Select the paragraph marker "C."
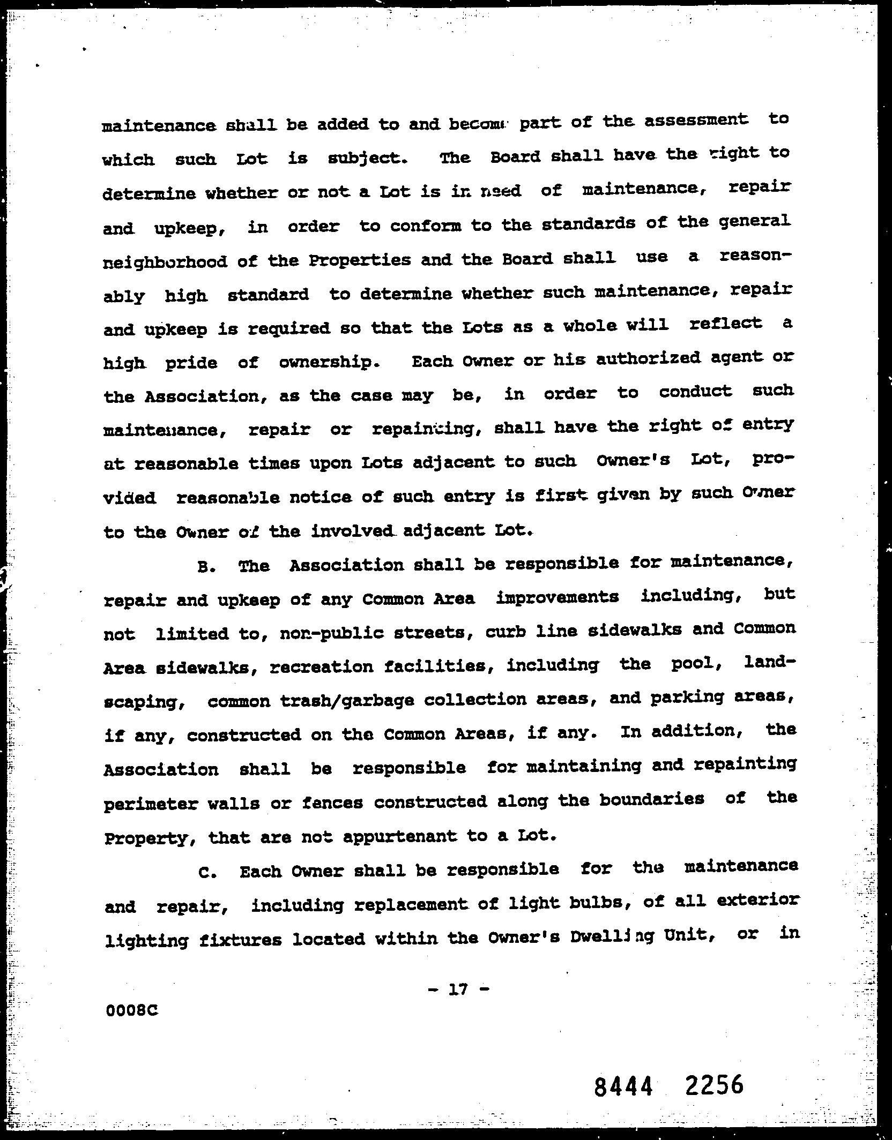207,873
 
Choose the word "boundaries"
651,800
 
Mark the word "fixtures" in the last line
240,940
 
